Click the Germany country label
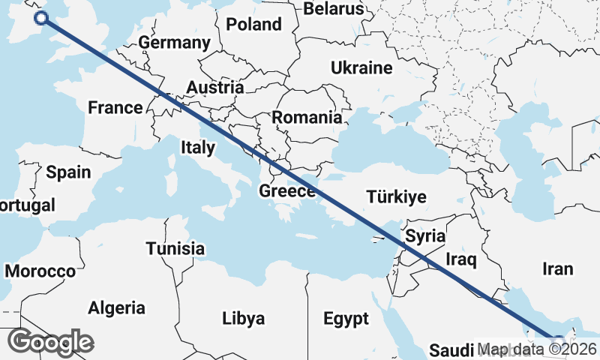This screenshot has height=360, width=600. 174,43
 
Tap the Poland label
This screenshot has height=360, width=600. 253,24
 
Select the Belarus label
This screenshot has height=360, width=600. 334,9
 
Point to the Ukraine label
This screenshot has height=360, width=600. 361,68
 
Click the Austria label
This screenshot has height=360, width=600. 214,88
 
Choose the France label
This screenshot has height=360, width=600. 115,107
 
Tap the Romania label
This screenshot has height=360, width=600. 306,118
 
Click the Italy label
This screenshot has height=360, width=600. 198,148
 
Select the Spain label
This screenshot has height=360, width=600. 68,172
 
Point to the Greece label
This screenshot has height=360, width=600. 286,191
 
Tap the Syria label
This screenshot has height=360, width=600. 425,236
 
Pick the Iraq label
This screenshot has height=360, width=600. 461,259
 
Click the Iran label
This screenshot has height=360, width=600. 557,268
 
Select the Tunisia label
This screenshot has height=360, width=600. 175,248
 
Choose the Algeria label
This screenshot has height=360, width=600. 116,307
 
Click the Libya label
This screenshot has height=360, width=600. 243,319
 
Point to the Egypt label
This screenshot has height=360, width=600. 346,319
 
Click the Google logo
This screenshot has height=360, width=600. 50,342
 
